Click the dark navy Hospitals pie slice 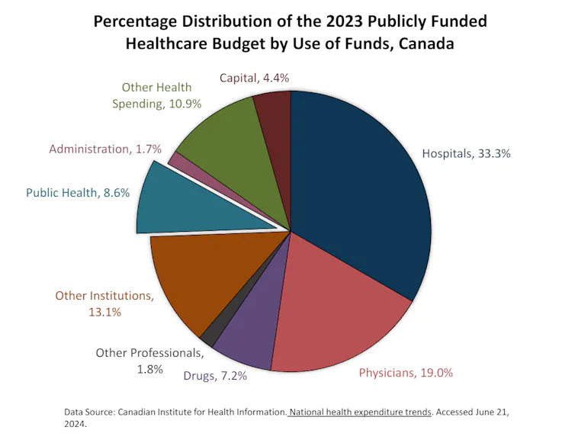[x=358, y=191]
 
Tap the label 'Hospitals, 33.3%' [x=466, y=153]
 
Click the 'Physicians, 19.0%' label [x=406, y=373]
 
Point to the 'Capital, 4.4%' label [x=255, y=78]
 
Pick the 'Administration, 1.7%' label [x=105, y=149]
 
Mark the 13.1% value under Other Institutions [x=104, y=312]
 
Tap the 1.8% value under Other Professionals [x=149, y=369]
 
